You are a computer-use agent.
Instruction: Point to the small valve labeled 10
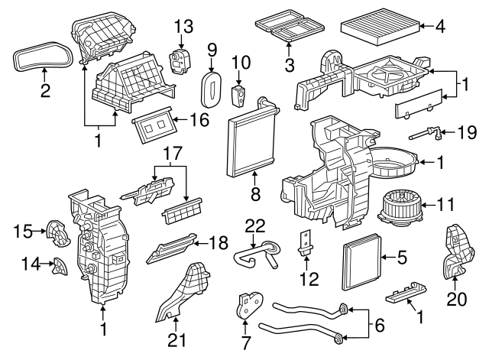pos(239,95)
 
